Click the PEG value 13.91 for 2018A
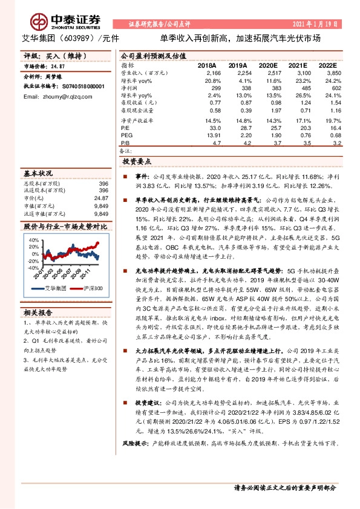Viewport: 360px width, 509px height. click(x=212, y=135)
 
